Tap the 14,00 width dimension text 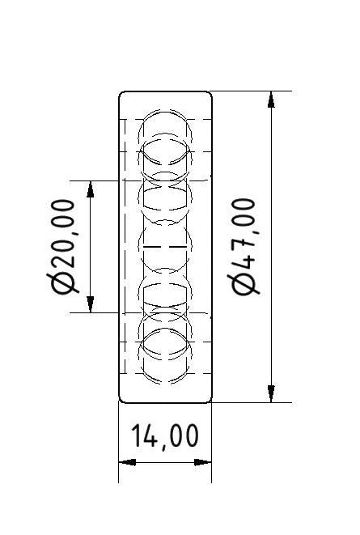click(165, 436)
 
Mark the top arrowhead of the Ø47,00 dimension click(269, 99)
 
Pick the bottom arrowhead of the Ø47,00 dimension click(269, 394)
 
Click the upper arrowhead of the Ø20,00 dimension click(90, 188)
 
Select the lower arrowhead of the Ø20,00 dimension click(90, 304)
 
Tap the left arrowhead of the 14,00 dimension click(125, 462)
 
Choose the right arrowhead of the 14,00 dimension click(205, 462)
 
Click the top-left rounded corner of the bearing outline click(122, 95)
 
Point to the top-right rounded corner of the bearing click(209, 95)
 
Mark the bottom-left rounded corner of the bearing click(122, 398)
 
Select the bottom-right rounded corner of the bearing click(209, 398)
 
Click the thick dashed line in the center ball click(166, 245)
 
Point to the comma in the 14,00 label click(163, 446)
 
